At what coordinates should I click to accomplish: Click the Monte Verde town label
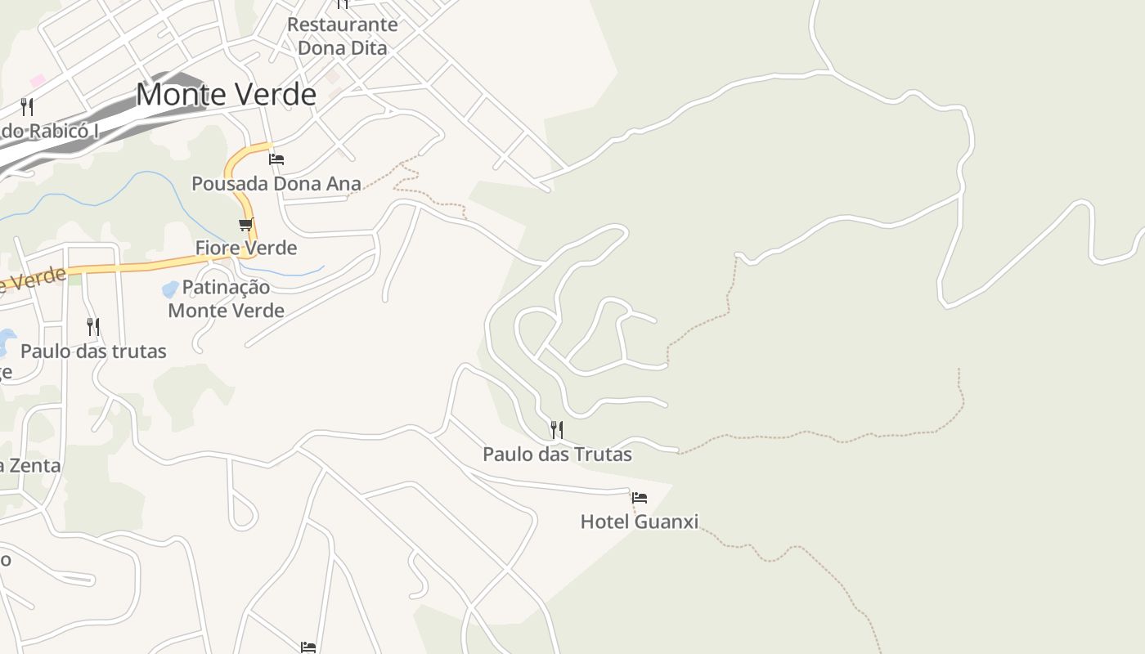[226, 95]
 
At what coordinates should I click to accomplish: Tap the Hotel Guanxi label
[639, 522]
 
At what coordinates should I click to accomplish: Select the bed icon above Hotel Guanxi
[640, 497]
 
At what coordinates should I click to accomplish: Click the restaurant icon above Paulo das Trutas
[556, 429]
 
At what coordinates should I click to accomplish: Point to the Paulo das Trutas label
[557, 454]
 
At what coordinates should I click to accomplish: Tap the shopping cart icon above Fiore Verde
[245, 224]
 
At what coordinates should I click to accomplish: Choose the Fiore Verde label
[245, 248]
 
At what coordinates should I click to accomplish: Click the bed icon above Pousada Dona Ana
[276, 159]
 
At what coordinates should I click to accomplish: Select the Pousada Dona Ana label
[276, 184]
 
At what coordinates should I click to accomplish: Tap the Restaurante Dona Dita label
[342, 36]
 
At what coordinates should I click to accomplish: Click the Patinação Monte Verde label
[227, 298]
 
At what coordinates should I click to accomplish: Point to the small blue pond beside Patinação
[170, 289]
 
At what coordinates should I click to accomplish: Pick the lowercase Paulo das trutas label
[93, 352]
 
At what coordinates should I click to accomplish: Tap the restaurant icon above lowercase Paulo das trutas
[93, 327]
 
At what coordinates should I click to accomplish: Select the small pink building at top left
[38, 81]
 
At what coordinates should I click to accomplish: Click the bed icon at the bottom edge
[308, 647]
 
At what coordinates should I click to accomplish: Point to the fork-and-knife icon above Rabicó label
[27, 106]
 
